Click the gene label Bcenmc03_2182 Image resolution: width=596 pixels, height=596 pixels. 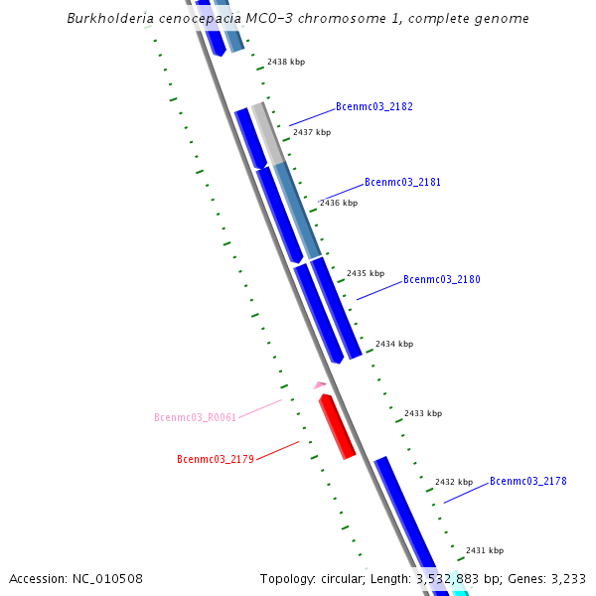point(374,106)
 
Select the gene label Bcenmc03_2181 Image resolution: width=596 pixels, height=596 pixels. point(402,183)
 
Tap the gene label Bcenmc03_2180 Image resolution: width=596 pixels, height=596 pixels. point(441,280)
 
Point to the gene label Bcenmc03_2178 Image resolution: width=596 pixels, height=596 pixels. point(527,481)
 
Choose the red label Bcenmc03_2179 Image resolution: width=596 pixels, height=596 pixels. point(216,459)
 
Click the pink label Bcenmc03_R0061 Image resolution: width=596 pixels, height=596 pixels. point(195,417)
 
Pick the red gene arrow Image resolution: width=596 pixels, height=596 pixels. point(337,426)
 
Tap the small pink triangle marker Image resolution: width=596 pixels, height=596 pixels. point(319,384)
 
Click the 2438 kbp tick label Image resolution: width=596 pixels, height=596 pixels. point(286,62)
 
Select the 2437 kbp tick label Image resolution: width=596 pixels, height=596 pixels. point(311,132)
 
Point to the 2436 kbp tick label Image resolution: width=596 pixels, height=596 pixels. point(338,203)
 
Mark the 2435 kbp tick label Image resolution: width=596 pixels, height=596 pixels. point(365,273)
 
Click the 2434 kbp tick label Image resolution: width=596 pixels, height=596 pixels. point(393,344)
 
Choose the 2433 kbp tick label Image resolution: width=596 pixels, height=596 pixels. point(422,413)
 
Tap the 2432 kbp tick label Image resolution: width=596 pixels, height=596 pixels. point(453,482)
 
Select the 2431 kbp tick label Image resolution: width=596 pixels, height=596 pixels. point(484,550)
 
